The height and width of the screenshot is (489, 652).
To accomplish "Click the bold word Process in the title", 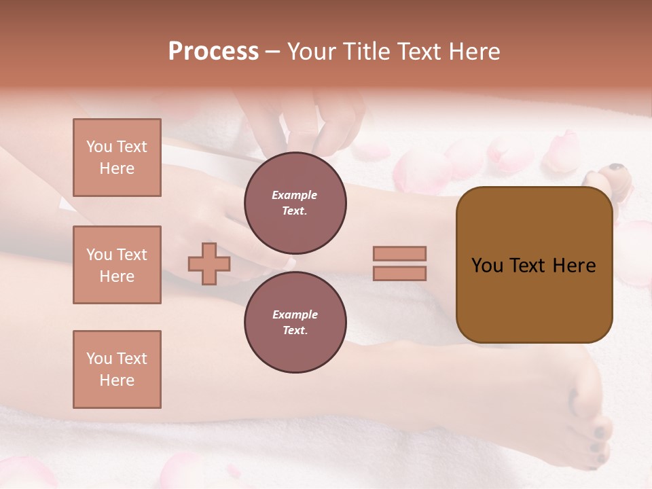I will [x=213, y=52].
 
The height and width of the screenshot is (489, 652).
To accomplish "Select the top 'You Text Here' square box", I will [x=117, y=158].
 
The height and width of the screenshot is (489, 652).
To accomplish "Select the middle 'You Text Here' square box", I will [x=117, y=265].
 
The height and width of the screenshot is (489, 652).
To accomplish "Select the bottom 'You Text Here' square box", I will [x=117, y=369].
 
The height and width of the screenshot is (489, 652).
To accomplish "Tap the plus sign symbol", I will [x=209, y=264].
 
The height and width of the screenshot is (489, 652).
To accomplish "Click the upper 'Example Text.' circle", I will [x=295, y=202].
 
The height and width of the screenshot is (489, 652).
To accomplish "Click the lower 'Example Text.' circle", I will [x=295, y=322].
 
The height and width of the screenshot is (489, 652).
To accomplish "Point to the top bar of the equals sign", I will [x=399, y=253].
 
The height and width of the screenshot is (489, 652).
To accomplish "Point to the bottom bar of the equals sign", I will [x=399, y=273].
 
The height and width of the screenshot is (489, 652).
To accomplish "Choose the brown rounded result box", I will [x=534, y=265].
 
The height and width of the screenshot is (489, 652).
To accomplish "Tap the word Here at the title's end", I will [x=474, y=52].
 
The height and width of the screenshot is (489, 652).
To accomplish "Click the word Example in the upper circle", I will [x=295, y=195].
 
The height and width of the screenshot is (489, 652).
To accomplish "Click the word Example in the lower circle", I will [x=295, y=314].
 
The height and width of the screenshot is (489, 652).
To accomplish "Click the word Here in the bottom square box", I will [x=117, y=380].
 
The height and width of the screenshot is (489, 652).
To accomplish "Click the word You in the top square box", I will [x=99, y=147].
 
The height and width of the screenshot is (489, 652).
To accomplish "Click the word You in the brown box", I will [x=487, y=266].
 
